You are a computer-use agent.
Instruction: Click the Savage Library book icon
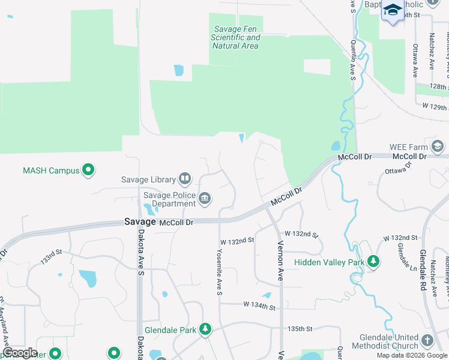[x=185, y=179]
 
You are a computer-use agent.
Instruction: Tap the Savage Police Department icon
[x=205, y=199]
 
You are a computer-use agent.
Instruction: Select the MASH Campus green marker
[x=89, y=170]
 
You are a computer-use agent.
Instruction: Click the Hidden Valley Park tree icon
[x=373, y=262]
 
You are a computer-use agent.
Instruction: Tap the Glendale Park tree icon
[x=205, y=329]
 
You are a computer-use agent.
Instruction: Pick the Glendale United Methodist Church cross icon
[x=427, y=340]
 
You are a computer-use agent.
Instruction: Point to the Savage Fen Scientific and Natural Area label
[x=235, y=37]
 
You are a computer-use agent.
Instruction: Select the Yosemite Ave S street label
[x=219, y=272]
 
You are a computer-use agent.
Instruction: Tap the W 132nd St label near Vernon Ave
[x=301, y=233]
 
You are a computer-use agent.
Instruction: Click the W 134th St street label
[x=259, y=307]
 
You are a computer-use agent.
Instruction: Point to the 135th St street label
[x=300, y=329]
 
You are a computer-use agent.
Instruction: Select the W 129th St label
[x=435, y=107]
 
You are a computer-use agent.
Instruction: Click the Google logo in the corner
[x=20, y=353]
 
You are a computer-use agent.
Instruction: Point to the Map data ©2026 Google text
[x=412, y=355]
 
